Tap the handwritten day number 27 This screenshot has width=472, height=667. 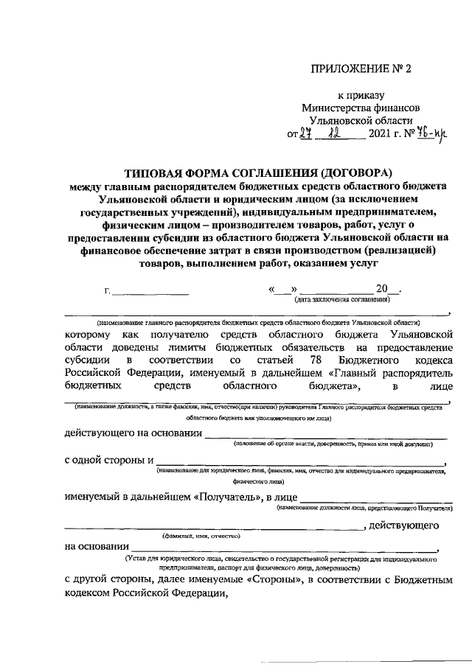[x=298, y=134]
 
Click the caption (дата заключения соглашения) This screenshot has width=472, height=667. [x=341, y=301]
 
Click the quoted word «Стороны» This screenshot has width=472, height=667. [x=274, y=582]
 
